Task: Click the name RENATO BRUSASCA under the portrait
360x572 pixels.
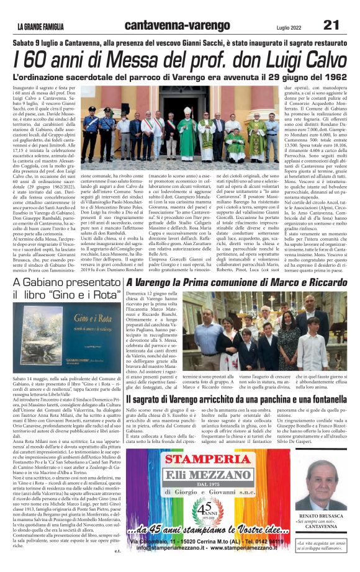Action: [326, 516]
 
